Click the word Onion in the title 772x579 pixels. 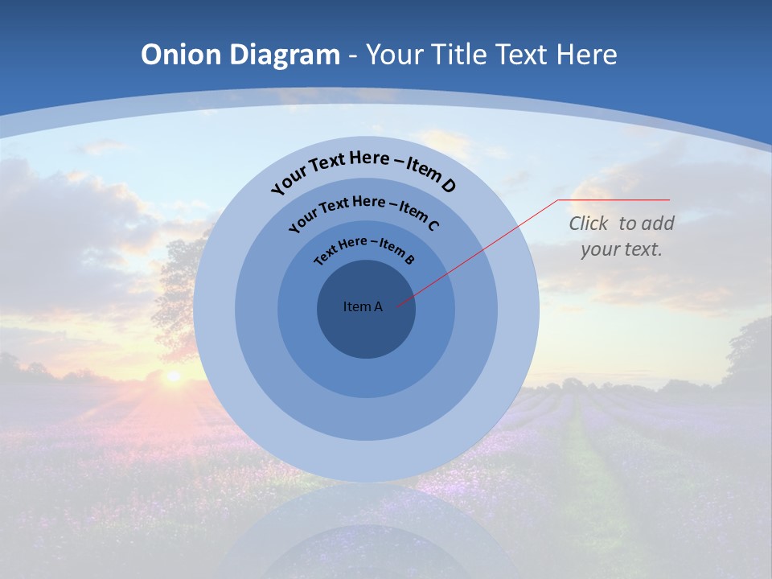coord(182,55)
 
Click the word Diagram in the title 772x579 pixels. coord(285,55)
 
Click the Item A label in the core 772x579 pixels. coord(363,306)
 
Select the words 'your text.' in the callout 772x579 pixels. coord(621,249)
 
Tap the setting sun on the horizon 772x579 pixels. coord(172,376)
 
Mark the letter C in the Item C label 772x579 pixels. coord(433,224)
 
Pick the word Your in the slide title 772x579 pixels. coord(395,55)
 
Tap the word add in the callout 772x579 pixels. coord(657,224)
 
